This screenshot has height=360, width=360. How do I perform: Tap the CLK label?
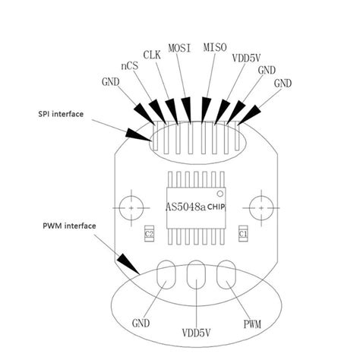click(x=152, y=55)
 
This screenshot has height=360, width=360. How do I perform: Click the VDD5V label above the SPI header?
click(x=247, y=58)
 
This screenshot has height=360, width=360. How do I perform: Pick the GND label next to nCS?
click(x=109, y=81)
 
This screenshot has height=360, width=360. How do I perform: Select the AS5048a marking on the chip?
click(x=185, y=206)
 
